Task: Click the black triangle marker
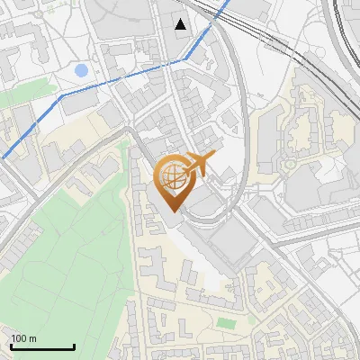point(182,24)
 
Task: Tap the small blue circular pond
point(82,70)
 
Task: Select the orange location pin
point(173,180)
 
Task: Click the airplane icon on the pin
point(199,164)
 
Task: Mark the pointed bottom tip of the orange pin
point(172,211)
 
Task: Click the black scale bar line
point(42,347)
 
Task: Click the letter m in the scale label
point(32,339)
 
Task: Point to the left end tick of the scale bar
point(12,346)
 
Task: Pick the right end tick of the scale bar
point(74,346)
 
